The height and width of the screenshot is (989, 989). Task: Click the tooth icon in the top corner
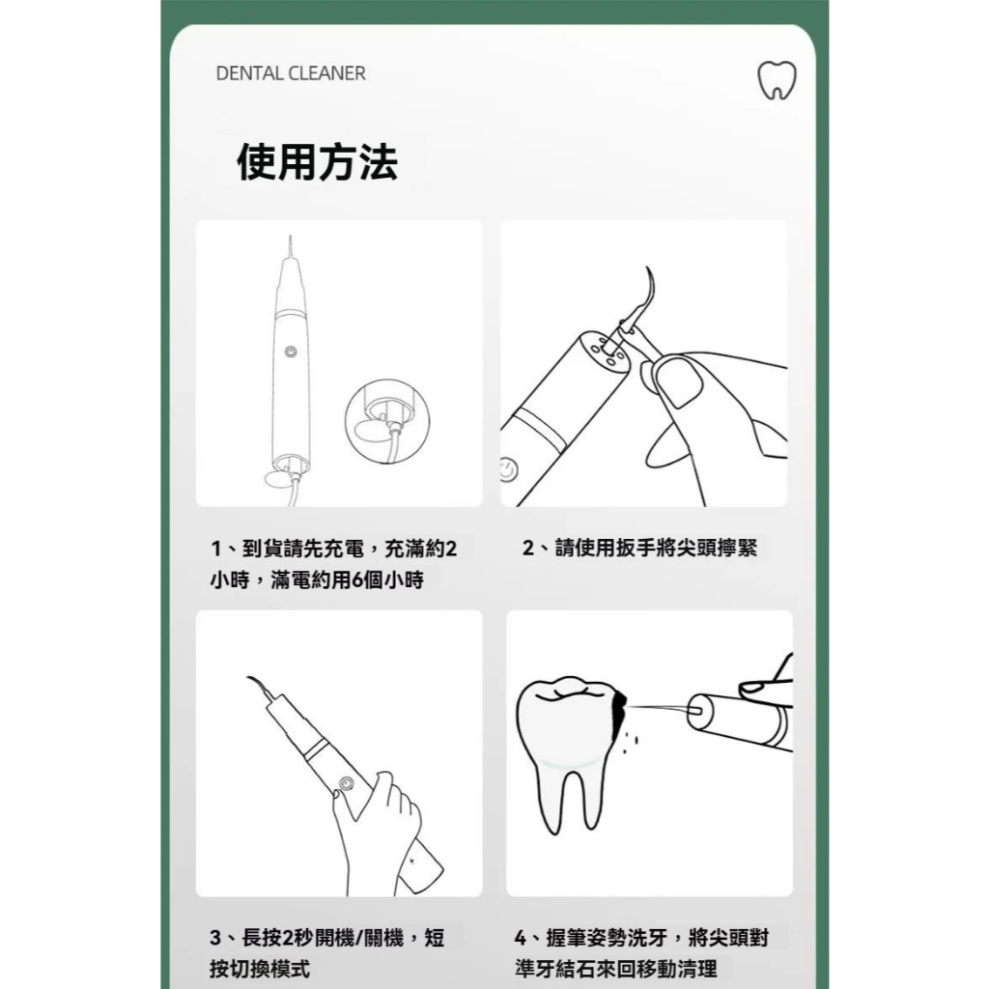click(777, 80)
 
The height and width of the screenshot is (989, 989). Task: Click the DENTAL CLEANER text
click(291, 73)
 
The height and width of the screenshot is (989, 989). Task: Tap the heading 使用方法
click(317, 162)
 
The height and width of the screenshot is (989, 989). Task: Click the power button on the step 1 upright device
click(291, 352)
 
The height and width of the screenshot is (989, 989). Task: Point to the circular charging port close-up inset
click(386, 422)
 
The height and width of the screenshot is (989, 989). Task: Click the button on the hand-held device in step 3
click(345, 784)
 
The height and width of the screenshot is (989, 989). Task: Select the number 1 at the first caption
click(215, 549)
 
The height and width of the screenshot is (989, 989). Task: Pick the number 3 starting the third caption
click(215, 938)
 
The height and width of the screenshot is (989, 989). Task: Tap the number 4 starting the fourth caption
click(521, 938)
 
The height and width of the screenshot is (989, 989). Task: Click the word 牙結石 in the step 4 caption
click(564, 969)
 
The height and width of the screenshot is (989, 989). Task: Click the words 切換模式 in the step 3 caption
click(270, 969)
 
